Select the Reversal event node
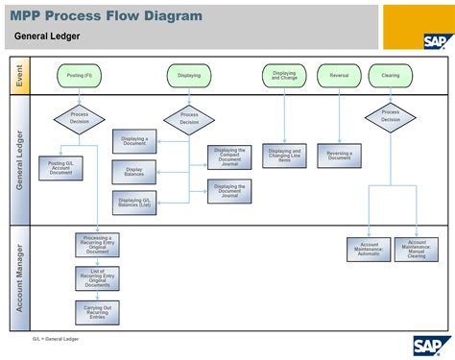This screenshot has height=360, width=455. [x=339, y=75]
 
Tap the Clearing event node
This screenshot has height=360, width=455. [x=391, y=75]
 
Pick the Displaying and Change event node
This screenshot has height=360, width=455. [x=284, y=75]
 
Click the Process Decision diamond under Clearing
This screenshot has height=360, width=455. [x=391, y=116]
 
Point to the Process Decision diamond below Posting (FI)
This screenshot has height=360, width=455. [x=80, y=117]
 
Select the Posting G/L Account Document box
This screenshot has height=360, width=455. [x=60, y=168]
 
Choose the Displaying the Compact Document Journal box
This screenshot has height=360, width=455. [x=229, y=157]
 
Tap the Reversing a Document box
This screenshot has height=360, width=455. [x=340, y=156]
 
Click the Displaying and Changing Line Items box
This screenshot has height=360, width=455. [x=284, y=156]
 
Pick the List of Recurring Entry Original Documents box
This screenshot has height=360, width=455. [x=97, y=277]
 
